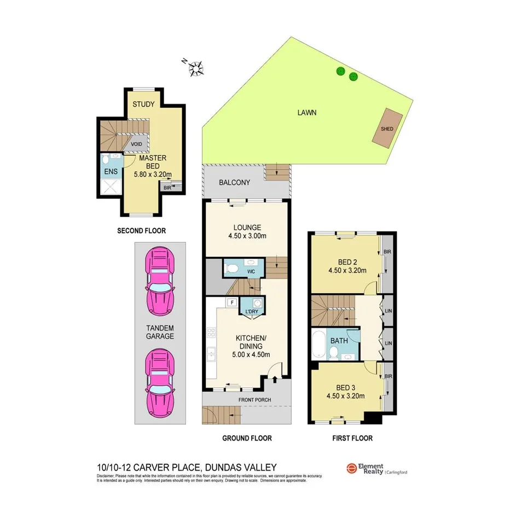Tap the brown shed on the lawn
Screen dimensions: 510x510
pos(388,127)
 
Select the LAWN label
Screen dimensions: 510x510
pos(307,113)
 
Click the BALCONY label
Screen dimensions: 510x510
pos(234,183)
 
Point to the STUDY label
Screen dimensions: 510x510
pos(144,104)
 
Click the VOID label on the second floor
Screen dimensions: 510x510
pos(137,144)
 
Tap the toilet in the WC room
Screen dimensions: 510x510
pos(233,268)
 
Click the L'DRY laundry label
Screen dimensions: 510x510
pos(252,312)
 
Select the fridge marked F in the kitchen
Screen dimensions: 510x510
pos(231,302)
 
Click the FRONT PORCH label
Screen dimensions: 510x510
pos(255,400)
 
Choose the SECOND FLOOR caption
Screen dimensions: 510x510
pos(141,231)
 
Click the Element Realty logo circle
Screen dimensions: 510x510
pos(351,468)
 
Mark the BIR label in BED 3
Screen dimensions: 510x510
pos(388,376)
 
